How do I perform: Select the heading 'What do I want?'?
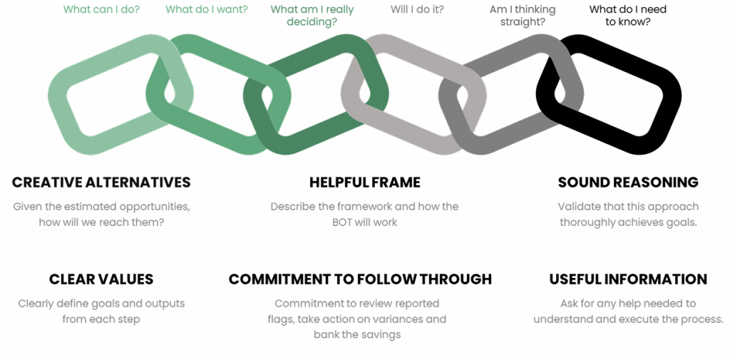206,10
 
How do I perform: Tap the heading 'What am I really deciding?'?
312,16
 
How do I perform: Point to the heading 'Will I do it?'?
418,10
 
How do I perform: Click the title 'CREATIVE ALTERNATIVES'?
102,182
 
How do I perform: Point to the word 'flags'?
281,319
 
